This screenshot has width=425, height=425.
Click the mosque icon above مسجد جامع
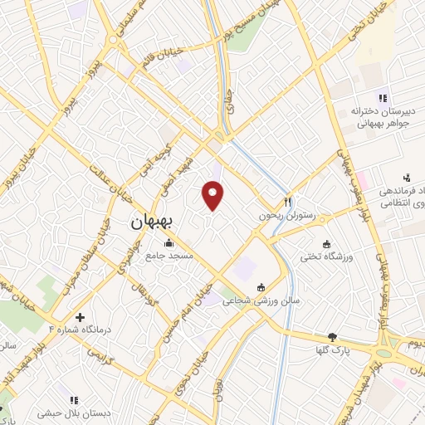[170, 243]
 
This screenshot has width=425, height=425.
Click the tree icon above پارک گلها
[333, 337]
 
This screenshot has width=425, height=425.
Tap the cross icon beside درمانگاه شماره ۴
[80, 317]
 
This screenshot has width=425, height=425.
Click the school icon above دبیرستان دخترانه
[383, 96]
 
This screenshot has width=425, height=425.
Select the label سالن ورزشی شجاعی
[260, 301]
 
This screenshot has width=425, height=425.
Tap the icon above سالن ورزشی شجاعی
[261, 287]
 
